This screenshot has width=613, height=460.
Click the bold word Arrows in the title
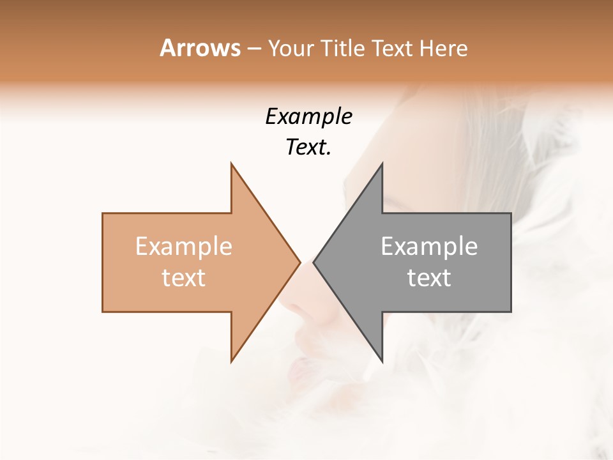click(200, 48)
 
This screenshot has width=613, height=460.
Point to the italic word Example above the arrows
click(308, 117)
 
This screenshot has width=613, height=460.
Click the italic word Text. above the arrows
click(308, 147)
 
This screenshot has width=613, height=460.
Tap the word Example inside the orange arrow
click(184, 246)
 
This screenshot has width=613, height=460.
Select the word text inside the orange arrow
click(184, 277)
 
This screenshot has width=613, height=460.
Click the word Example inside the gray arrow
click(429, 246)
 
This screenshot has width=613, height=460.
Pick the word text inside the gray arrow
click(429, 277)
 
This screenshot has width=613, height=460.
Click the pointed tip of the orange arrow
click(299, 262)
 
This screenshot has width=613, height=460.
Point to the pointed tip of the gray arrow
click(314, 262)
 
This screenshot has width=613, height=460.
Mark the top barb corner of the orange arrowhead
click(231, 164)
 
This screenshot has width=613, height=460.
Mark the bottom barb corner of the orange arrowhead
click(231, 362)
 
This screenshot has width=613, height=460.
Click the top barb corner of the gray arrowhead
click(382, 164)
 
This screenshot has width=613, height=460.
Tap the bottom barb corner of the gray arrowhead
click(382, 362)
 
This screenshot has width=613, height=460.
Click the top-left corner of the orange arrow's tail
click(103, 213)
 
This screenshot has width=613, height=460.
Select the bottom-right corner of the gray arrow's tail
click(511, 311)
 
